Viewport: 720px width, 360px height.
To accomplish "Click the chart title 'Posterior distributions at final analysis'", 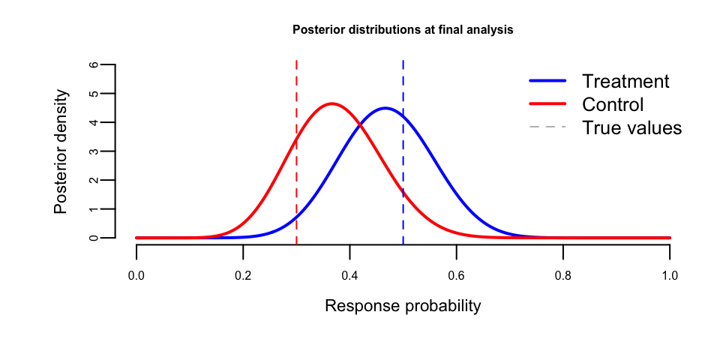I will [x=402, y=30].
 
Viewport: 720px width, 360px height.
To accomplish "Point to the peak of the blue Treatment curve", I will [x=385, y=108].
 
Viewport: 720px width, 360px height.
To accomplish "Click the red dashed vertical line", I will [x=296, y=187].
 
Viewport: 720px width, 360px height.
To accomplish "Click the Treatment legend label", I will [x=625, y=81].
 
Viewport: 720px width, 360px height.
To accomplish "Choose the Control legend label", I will [x=613, y=104].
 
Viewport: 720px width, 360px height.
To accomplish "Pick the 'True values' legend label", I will [x=631, y=128].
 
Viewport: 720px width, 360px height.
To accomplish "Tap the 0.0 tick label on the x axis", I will [x=136, y=276].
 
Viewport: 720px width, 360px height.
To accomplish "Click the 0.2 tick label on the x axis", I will [x=243, y=276].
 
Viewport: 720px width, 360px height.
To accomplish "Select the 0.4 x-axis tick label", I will [x=349, y=276].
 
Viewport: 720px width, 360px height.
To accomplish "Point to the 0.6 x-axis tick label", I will [x=457, y=276].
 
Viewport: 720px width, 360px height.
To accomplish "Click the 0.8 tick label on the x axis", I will [x=563, y=276].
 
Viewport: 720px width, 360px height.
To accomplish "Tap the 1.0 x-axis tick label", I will [x=670, y=276].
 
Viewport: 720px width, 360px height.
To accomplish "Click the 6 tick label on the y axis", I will [x=93, y=64].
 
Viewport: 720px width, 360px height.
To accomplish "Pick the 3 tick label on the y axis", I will [x=93, y=151].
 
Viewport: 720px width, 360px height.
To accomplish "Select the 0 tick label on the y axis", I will [x=93, y=238].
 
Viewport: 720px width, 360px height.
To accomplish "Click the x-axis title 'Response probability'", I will [x=403, y=307].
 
